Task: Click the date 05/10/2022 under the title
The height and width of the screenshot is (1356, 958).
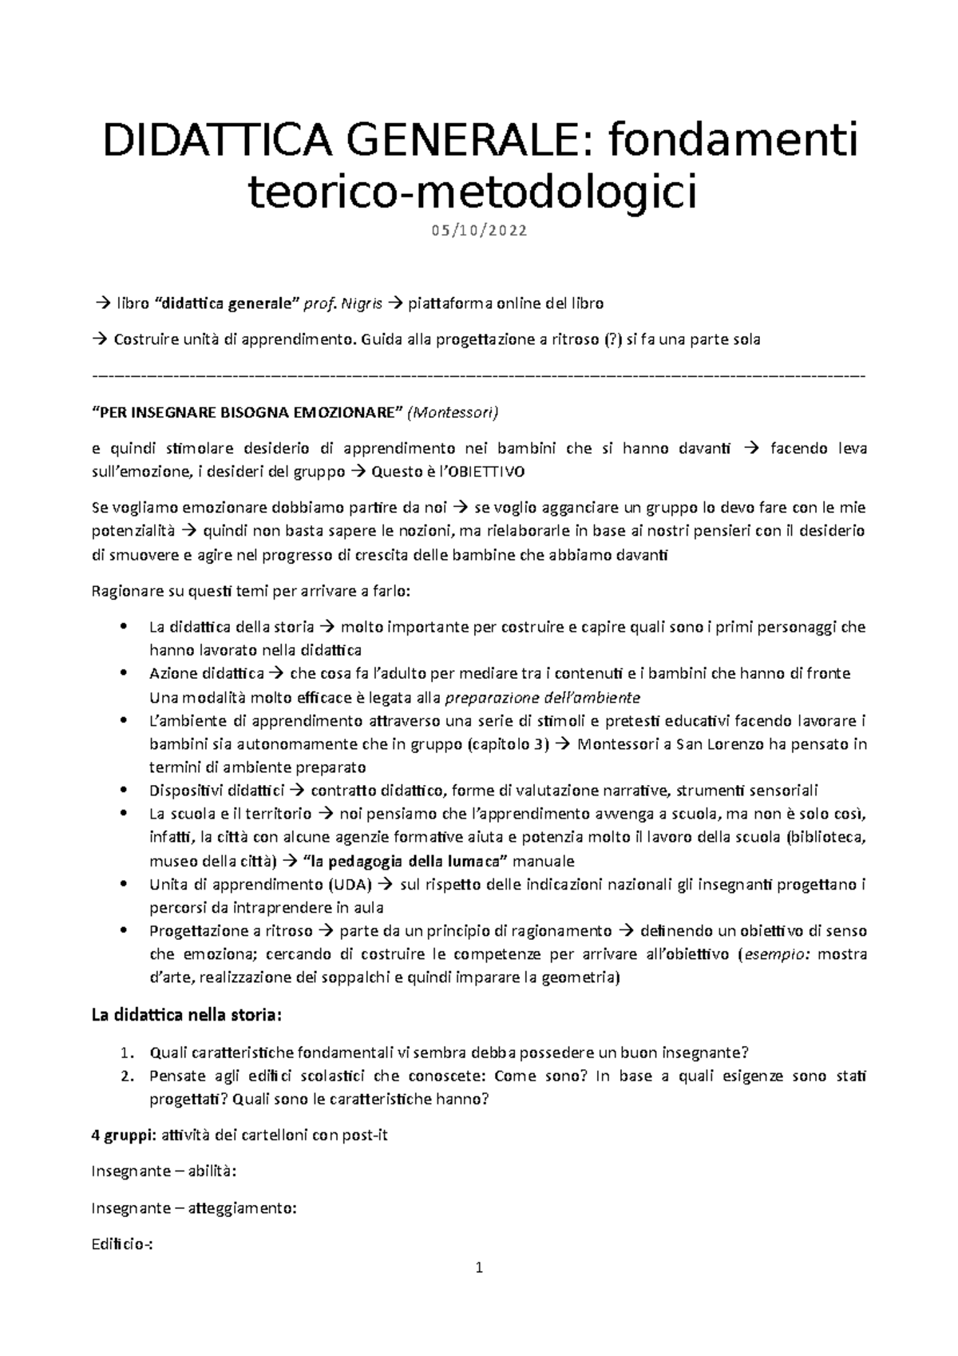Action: [479, 232]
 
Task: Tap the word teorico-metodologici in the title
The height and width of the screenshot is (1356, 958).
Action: [473, 192]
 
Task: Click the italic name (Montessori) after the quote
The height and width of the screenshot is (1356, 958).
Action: [453, 413]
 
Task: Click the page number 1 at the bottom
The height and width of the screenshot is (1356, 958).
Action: [479, 1267]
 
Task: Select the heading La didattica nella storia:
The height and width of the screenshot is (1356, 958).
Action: [187, 1016]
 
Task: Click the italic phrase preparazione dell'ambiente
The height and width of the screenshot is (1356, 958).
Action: [542, 697]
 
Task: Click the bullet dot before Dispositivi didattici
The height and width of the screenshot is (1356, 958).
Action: [122, 791]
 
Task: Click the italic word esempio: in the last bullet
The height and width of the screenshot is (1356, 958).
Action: [774, 954]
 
